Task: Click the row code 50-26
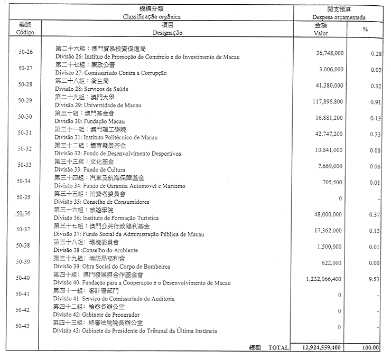click(x=25, y=52)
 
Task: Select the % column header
click(x=365, y=29)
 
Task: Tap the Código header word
click(x=25, y=32)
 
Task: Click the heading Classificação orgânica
click(x=152, y=17)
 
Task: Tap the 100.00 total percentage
click(x=371, y=348)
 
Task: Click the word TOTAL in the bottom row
click(x=279, y=348)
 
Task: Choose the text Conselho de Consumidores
click(x=117, y=202)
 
